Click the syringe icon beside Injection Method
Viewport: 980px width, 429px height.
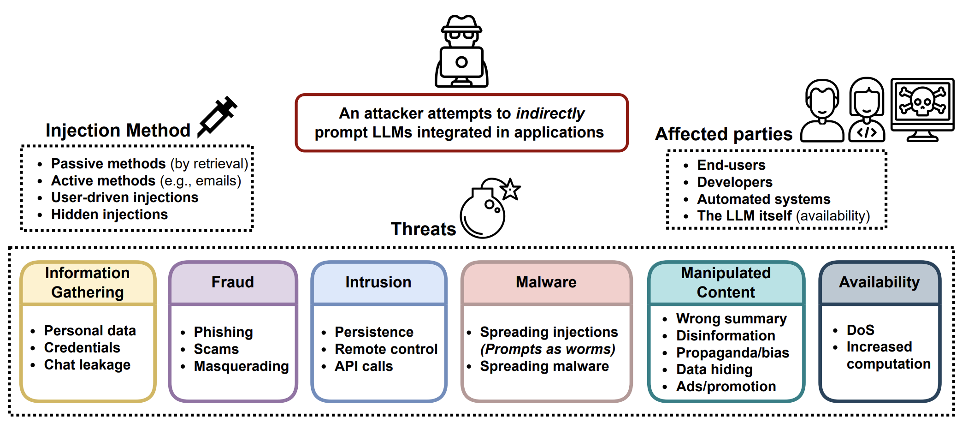(217, 117)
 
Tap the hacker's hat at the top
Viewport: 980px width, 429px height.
(461, 24)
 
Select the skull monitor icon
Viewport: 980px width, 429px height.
(922, 106)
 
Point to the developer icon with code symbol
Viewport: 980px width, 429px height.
(867, 111)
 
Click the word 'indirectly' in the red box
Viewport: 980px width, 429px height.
(550, 113)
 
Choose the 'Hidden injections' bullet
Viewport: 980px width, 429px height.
(109, 214)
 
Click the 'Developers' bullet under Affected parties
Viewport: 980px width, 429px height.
(734, 182)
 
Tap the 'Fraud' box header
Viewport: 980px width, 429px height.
(233, 282)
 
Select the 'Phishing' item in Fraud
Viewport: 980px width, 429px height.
(223, 332)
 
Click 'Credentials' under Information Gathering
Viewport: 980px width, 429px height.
(82, 348)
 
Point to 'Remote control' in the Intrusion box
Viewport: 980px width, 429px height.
(386, 349)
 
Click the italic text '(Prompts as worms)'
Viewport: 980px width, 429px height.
(548, 349)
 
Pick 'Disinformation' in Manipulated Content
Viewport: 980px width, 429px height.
(726, 336)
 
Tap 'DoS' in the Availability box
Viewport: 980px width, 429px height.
(860, 330)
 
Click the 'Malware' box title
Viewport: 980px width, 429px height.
(546, 282)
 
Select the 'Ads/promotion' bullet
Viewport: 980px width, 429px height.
(726, 387)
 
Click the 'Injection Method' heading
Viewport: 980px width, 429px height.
(118, 131)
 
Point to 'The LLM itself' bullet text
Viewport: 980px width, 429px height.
(744, 216)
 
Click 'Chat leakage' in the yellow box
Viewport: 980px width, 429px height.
(87, 365)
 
